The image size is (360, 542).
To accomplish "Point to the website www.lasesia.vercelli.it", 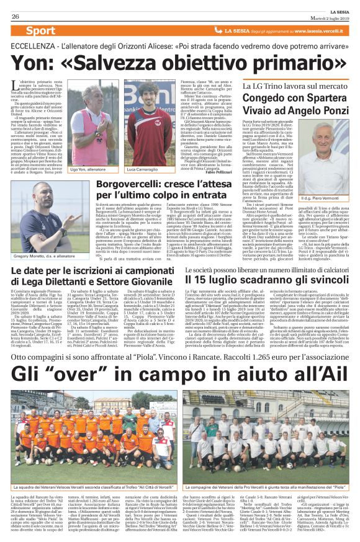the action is coord(306,30).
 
